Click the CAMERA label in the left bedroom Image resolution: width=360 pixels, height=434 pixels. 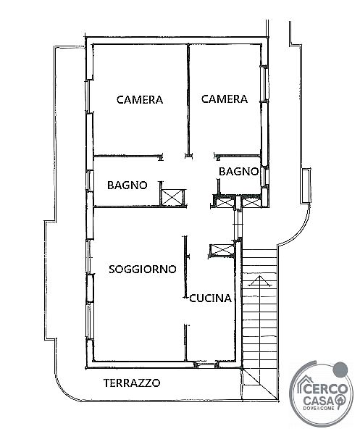(140, 100)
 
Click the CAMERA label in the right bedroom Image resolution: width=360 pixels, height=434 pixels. (224, 99)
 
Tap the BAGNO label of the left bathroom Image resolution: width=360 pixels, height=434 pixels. (127, 185)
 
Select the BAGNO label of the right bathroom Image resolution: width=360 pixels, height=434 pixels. (238, 172)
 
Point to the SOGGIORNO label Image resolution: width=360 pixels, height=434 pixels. (143, 269)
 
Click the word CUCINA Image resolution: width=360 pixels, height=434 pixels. (210, 299)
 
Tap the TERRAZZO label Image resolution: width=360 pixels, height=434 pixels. (132, 383)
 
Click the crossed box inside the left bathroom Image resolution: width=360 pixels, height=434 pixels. (172, 198)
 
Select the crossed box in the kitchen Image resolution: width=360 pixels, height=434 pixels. (222, 251)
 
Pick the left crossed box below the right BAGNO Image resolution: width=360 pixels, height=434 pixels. (225, 203)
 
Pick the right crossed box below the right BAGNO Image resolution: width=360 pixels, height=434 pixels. (251, 203)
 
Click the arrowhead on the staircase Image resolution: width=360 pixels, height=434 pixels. (260, 280)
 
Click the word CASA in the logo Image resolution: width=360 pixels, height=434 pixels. (319, 400)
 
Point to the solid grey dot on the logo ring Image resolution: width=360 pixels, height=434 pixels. (340, 370)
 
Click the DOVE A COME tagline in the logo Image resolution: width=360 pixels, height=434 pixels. (319, 408)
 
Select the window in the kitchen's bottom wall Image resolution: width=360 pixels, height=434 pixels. (205, 364)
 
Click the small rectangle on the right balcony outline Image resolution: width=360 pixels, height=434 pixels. (306, 185)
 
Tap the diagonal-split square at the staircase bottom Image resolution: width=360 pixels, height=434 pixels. (259, 384)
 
